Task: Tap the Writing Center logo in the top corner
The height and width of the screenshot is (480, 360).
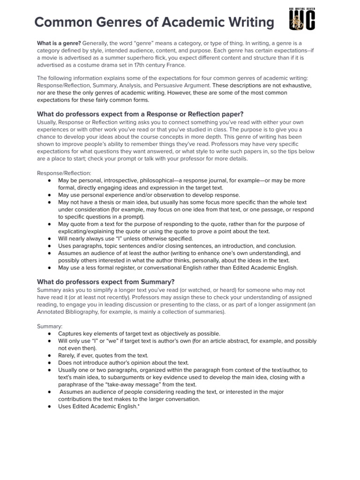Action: click(302, 19)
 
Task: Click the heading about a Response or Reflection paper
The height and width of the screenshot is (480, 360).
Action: click(140, 114)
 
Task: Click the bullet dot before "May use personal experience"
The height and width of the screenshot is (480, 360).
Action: click(50, 195)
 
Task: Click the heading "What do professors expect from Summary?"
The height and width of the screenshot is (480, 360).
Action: click(105, 282)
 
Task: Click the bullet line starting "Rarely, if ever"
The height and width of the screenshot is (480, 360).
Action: click(103, 355)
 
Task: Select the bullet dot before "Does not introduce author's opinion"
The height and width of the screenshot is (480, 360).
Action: click(50, 363)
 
